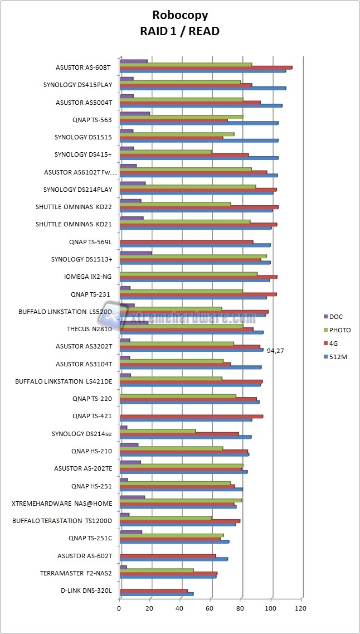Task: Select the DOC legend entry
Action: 336,317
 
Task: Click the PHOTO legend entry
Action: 340,330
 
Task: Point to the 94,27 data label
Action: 276,351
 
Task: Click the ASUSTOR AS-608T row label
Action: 84,67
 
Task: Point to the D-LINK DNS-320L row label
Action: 86,591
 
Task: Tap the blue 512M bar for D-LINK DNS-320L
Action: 156,594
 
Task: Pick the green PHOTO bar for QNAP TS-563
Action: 181,117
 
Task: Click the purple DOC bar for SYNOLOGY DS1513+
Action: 135,253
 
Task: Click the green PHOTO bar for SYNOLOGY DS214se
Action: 157,430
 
